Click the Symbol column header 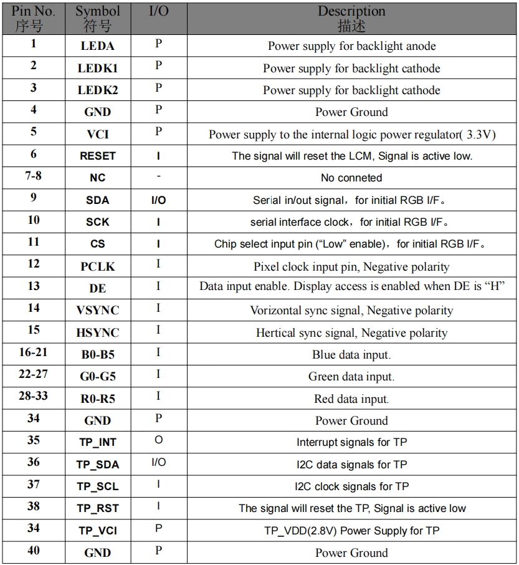pos(97,18)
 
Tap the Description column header pos(351,18)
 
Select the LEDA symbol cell pos(97,46)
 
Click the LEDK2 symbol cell pos(97,90)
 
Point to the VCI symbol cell pos(97,134)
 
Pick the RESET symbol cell pos(97,156)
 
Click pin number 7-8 pos(34,176)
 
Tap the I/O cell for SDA pos(158,200)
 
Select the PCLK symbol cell pos(97,266)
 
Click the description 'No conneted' pos(351,178)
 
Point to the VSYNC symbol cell pos(97,310)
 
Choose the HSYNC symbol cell pos(97,332)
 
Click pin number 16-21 pos(34,353)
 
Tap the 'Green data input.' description pos(351,377)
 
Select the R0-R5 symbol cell pos(97,398)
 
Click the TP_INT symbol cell pos(97,442)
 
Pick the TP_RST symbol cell pos(97,508)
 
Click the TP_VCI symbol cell pos(97,531)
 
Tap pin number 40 pos(34,551)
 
